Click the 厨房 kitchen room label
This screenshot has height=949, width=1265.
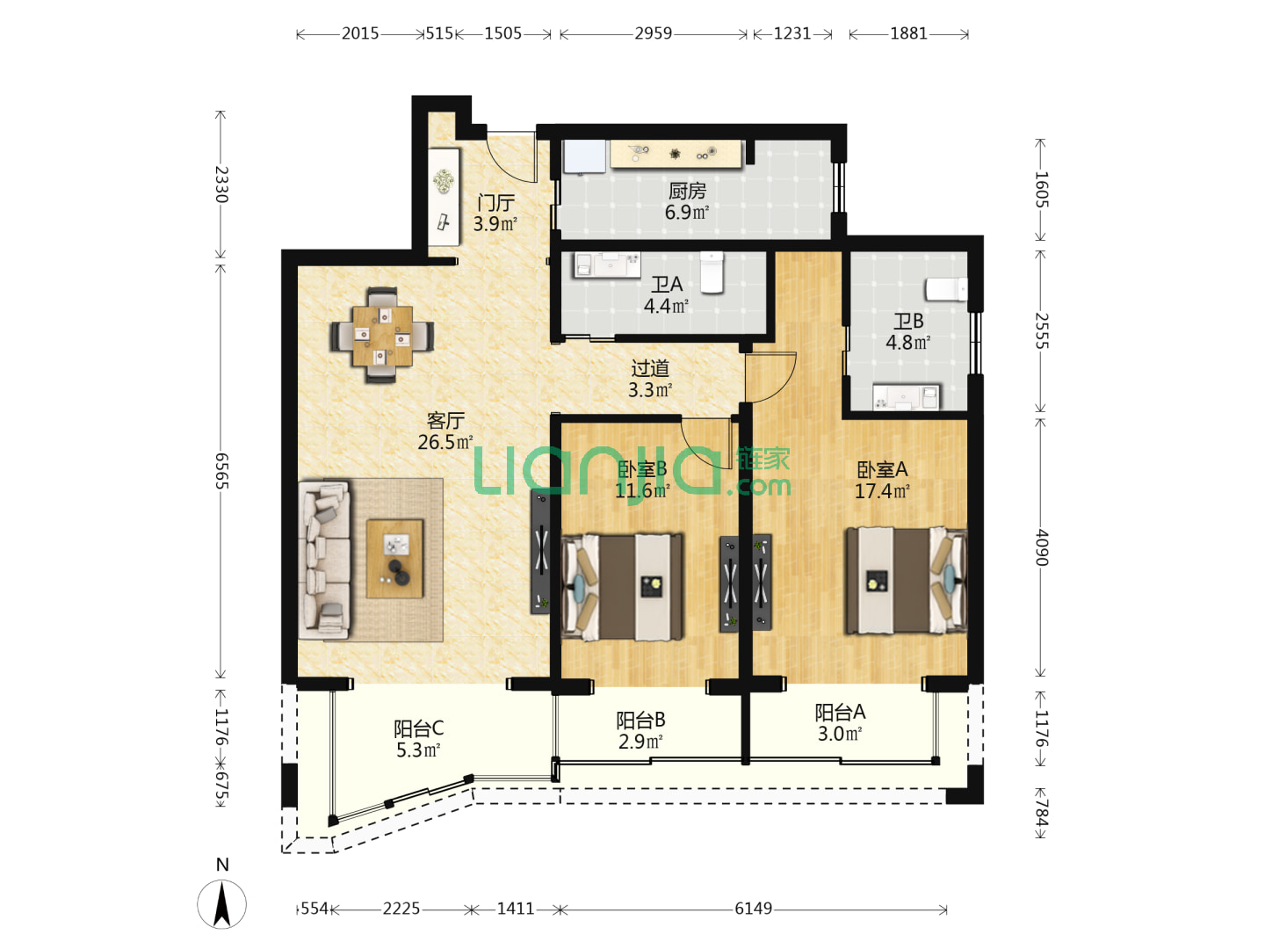[x=686, y=190]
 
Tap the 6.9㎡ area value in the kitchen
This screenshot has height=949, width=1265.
[x=686, y=212]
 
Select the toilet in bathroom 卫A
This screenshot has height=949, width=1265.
[x=712, y=272]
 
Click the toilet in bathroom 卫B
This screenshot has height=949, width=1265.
[x=946, y=289]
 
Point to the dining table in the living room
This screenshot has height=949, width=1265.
[x=382, y=336]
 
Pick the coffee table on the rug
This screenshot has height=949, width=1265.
[x=394, y=558]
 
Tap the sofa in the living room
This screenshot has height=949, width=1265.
[x=324, y=560]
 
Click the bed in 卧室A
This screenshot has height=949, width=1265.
[x=906, y=580]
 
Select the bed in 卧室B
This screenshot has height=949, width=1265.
[x=622, y=587]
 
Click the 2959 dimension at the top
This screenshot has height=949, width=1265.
[x=653, y=33]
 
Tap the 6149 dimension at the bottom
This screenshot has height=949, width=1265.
[x=753, y=909]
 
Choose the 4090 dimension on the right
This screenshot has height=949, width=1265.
[x=1041, y=547]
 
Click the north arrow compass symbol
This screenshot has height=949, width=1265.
[x=222, y=904]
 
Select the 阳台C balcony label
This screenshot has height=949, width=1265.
[x=418, y=728]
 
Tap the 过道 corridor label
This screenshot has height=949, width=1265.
[x=650, y=367]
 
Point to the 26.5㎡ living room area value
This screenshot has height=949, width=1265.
[x=445, y=443]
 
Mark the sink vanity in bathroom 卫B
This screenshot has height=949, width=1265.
[x=907, y=397]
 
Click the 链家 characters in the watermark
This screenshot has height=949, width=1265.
[x=763, y=460]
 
